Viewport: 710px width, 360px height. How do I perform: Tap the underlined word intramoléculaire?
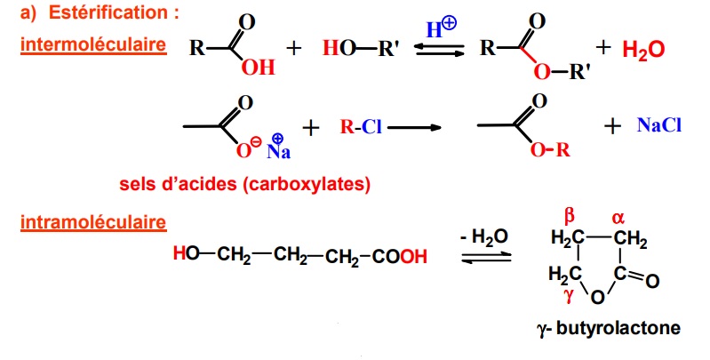90,220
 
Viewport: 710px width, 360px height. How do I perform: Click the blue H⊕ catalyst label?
441,30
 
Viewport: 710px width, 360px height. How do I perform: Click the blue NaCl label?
659,125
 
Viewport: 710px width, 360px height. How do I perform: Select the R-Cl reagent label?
360,127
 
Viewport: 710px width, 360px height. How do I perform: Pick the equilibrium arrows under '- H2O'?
486,258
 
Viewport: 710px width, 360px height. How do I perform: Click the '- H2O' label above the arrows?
484,237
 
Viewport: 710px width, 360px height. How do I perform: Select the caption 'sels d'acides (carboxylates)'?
244,185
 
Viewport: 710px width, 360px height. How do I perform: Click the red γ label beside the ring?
566,293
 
